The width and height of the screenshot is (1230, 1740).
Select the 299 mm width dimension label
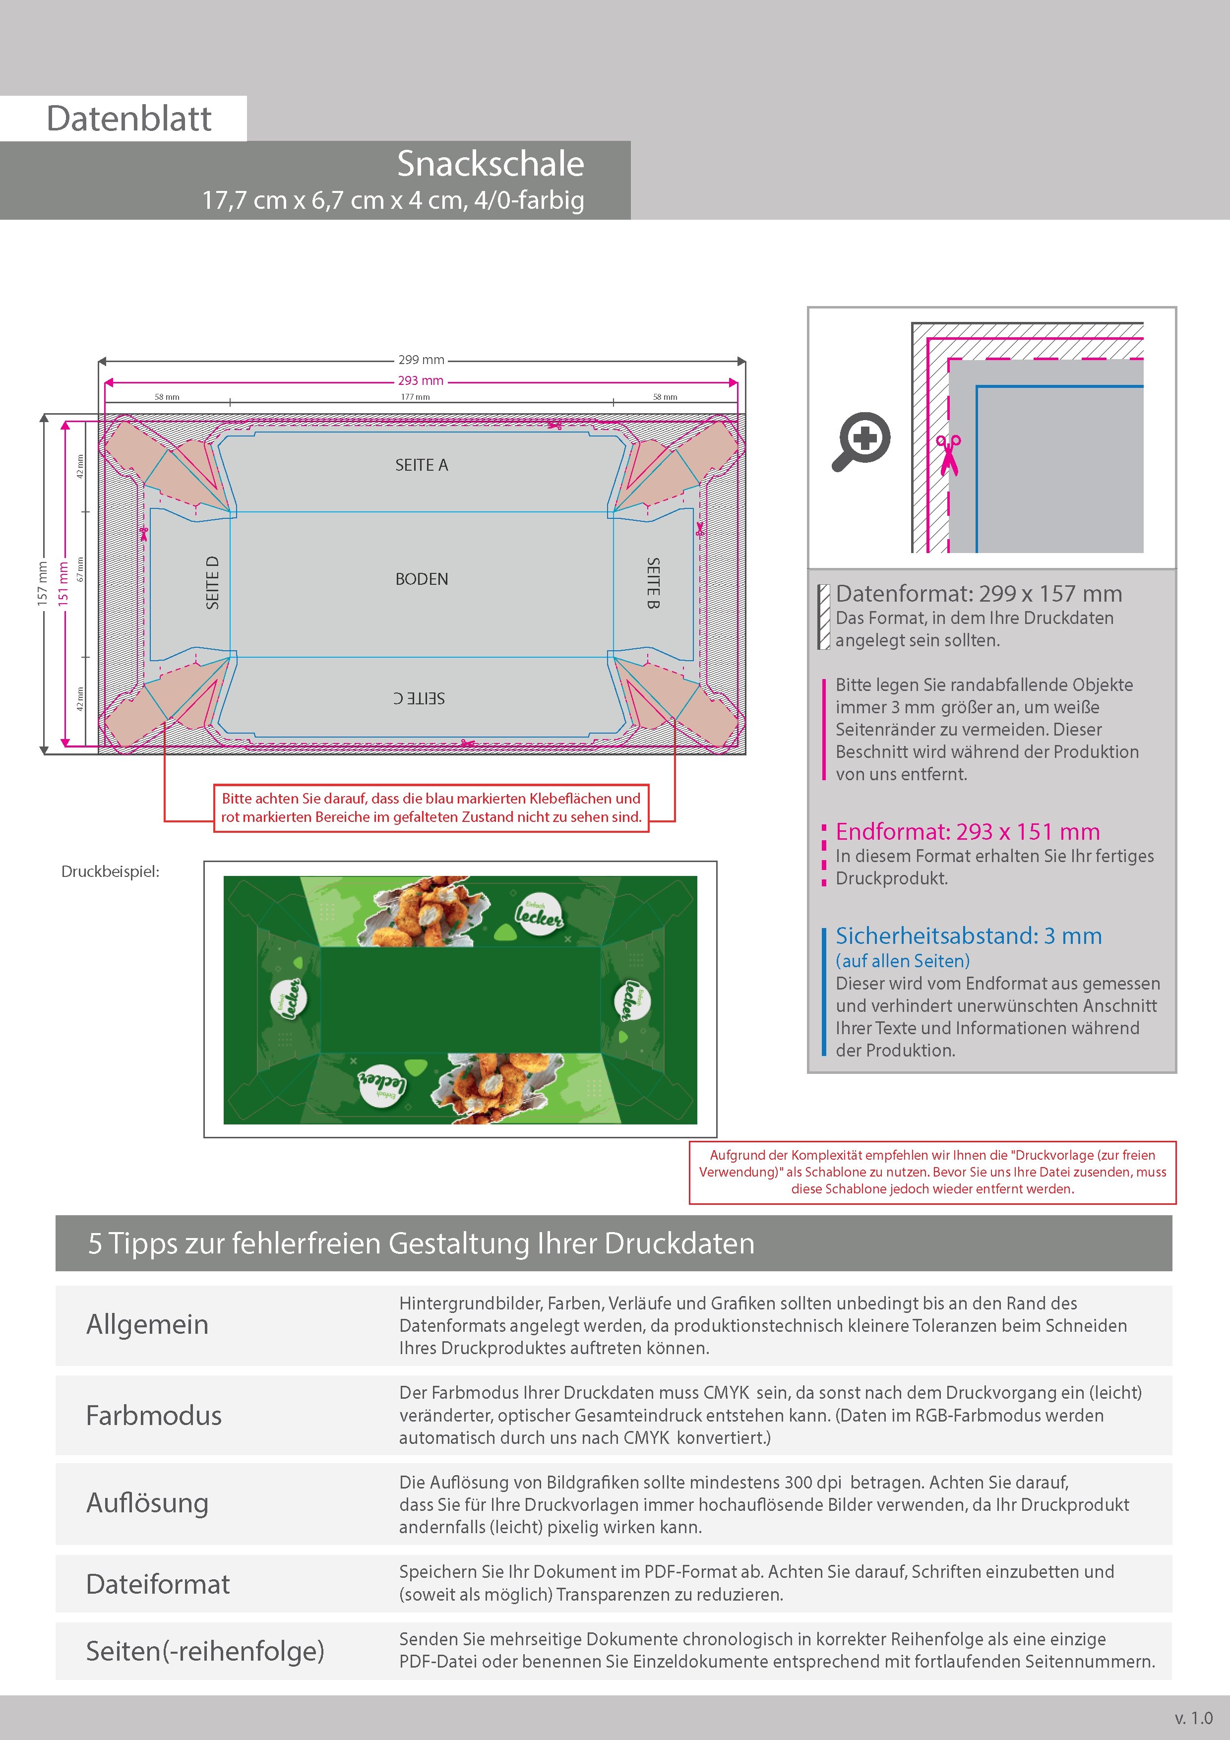click(422, 360)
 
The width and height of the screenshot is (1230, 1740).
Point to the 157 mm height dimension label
click(43, 583)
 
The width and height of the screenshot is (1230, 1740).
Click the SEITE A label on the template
click(422, 465)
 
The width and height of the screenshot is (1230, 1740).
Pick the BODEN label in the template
click(422, 579)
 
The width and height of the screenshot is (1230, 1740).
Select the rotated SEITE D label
click(212, 583)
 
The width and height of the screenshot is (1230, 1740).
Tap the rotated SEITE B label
click(653, 583)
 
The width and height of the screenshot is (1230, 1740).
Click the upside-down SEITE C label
click(419, 698)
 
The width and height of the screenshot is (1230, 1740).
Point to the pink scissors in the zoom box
click(948, 455)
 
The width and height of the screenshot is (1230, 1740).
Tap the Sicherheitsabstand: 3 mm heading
click(969, 936)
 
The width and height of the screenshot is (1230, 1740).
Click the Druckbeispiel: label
click(111, 871)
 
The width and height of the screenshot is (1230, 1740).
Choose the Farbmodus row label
click(154, 1415)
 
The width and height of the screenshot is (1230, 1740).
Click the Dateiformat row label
click(158, 1584)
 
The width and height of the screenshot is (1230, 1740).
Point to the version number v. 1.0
click(1194, 1718)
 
